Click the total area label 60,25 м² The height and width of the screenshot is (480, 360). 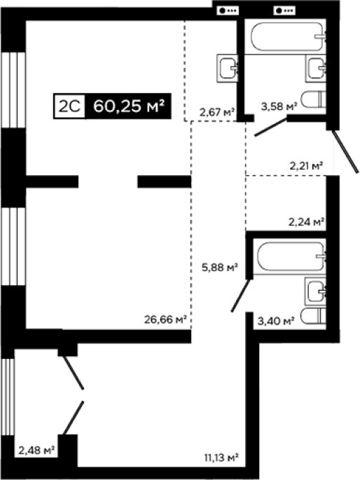pyautogui.click(x=129, y=107)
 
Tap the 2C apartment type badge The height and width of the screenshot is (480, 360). pyautogui.click(x=69, y=107)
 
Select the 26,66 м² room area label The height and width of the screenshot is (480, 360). pyautogui.click(x=165, y=320)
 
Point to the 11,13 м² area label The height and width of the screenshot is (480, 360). pyautogui.click(x=221, y=458)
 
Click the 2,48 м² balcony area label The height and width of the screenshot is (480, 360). pyautogui.click(x=36, y=451)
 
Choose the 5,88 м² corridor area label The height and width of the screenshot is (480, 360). pyautogui.click(x=220, y=268)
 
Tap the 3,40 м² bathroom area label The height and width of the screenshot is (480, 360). pyautogui.click(x=276, y=321)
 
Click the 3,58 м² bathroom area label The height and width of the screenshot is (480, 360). pyautogui.click(x=279, y=107)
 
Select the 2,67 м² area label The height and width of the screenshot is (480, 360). pyautogui.click(x=217, y=112)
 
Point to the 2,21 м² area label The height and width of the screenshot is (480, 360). pyautogui.click(x=307, y=166)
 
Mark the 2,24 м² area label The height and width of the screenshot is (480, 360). pyautogui.click(x=307, y=221)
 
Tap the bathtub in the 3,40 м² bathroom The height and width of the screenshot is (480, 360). pyautogui.click(x=291, y=256)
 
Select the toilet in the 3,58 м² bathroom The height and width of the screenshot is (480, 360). pyautogui.click(x=313, y=100)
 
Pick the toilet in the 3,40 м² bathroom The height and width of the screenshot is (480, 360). pyautogui.click(x=313, y=316)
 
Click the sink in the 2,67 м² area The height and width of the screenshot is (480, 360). pyautogui.click(x=228, y=68)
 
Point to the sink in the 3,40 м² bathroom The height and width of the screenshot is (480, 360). pyautogui.click(x=315, y=292)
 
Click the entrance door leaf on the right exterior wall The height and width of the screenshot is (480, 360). pyautogui.click(x=345, y=151)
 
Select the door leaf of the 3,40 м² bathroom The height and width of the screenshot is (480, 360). pyautogui.click(x=241, y=295)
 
